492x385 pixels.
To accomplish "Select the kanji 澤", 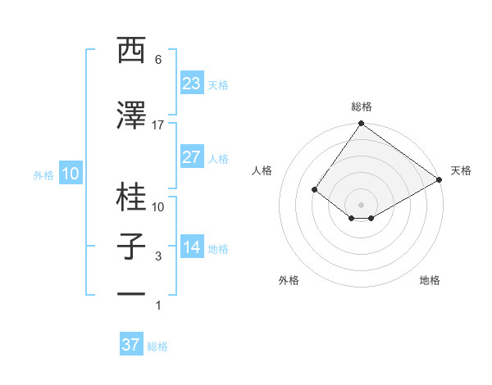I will (x=132, y=116).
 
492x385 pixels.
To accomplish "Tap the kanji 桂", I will (x=132, y=197).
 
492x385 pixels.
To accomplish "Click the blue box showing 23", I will (x=191, y=84).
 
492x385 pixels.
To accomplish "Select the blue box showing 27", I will (x=191, y=157).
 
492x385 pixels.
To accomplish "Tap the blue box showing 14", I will (x=191, y=247).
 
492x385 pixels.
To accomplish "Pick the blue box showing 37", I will (x=131, y=345).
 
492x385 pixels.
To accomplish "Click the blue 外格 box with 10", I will (x=70, y=174).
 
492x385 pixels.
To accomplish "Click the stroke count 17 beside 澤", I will (x=158, y=125).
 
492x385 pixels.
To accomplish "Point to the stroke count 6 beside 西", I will (x=158, y=60).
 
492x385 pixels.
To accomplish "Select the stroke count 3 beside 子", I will (x=158, y=256).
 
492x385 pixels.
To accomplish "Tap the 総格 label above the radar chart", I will (x=361, y=106).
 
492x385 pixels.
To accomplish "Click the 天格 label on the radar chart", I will (x=461, y=170).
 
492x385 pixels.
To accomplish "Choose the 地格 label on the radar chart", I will (x=430, y=280).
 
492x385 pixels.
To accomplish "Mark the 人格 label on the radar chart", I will (x=262, y=170).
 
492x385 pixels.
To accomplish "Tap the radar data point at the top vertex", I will (x=361, y=125).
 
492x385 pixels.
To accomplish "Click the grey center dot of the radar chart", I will (x=361, y=204).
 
